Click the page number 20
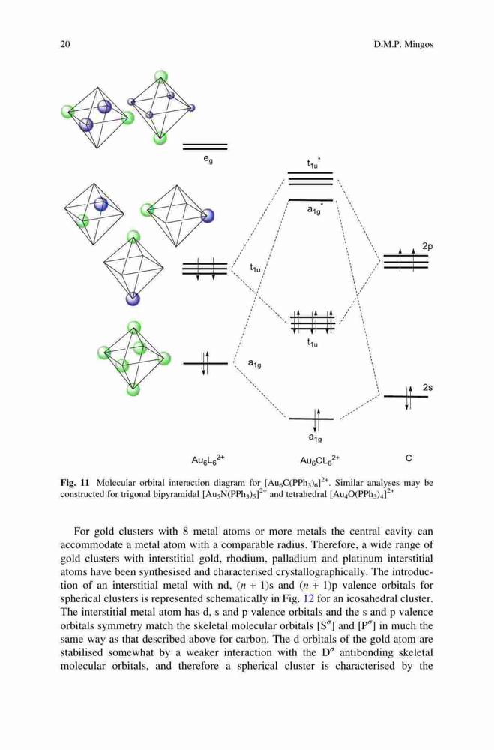65,44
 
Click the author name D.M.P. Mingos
403,45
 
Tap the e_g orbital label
208,160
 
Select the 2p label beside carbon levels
427,246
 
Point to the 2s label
427,388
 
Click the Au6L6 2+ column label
208,460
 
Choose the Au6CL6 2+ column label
319,460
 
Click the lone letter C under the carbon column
409,458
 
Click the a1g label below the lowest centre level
315,437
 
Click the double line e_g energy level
205,146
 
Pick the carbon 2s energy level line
406,397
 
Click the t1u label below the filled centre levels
312,343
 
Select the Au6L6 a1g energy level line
205,364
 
